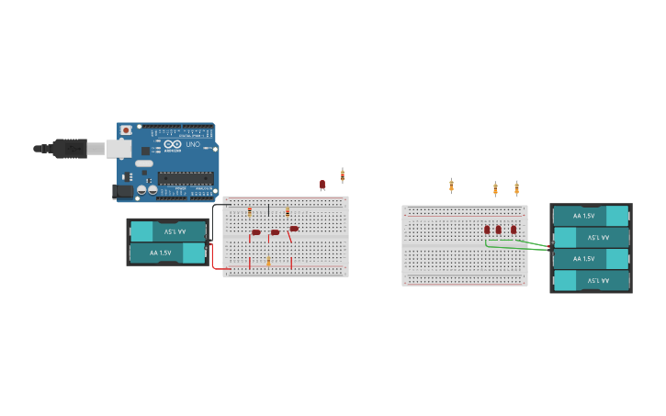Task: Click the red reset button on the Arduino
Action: (x=126, y=130)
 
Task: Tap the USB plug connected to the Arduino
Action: (x=70, y=148)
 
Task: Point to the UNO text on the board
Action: (x=193, y=145)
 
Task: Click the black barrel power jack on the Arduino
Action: (x=122, y=191)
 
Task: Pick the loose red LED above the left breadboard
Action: (x=322, y=185)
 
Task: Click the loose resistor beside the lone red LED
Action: (x=343, y=175)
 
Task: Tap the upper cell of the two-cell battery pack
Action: (x=167, y=231)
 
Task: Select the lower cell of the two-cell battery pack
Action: (x=167, y=253)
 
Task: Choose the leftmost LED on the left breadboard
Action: (x=255, y=232)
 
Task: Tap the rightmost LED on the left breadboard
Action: (x=294, y=229)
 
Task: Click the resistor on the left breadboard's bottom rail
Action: (x=268, y=263)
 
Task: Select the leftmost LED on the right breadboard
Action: (x=487, y=230)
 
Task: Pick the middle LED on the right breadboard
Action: (x=499, y=230)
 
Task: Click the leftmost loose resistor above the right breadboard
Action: (x=451, y=186)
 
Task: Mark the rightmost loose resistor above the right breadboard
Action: (x=516, y=188)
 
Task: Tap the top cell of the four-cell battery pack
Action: (x=590, y=216)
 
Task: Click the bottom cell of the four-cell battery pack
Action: (x=590, y=280)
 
